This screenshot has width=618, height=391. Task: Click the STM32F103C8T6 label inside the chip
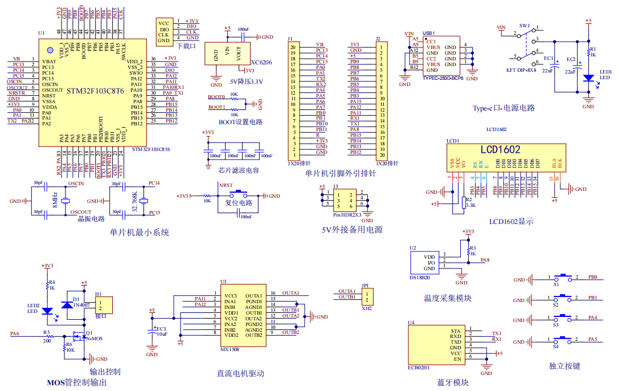pos(95,91)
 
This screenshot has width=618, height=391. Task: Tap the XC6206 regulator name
pos(261,62)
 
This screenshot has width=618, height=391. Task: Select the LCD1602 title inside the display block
pos(500,149)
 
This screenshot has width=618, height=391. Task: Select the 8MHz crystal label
pos(55,200)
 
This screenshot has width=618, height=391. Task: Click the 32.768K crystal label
pos(135,201)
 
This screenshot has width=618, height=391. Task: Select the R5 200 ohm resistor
pos(47,335)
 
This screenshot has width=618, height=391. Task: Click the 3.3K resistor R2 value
pos(470,205)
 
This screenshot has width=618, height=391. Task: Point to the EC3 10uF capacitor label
pos(162,331)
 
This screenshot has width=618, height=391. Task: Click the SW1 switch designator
pos(524,26)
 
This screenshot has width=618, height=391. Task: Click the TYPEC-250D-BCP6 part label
pos(443,78)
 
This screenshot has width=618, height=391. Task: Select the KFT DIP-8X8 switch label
pos(521,70)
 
